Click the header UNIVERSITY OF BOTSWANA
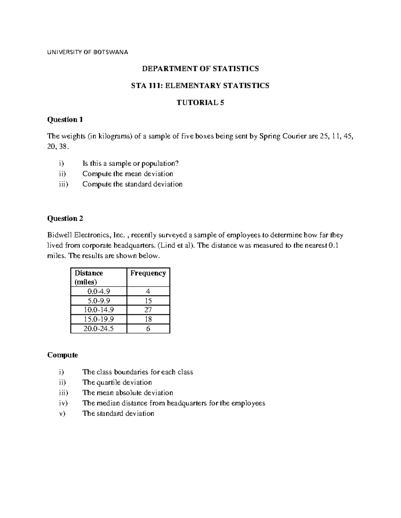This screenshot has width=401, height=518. click(88, 52)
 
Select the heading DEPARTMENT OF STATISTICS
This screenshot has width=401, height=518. click(200, 69)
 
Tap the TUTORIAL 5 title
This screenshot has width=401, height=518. click(200, 103)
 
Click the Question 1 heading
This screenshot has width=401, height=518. click(65, 119)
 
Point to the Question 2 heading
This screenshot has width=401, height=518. click(65, 218)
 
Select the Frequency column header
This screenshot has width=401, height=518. click(148, 273)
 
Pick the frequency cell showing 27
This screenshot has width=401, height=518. click(148, 310)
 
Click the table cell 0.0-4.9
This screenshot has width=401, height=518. click(99, 292)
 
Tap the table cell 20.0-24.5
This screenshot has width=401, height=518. click(99, 329)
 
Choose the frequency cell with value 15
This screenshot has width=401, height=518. click(148, 301)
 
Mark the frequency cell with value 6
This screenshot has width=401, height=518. click(148, 329)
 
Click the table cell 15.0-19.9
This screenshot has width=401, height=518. click(99, 319)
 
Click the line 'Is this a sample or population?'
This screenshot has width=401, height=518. click(131, 163)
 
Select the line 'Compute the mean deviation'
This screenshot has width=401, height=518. click(128, 174)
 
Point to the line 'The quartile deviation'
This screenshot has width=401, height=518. click(117, 382)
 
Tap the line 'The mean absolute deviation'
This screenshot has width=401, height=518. click(128, 393)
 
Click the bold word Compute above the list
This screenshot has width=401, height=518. click(62, 355)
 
